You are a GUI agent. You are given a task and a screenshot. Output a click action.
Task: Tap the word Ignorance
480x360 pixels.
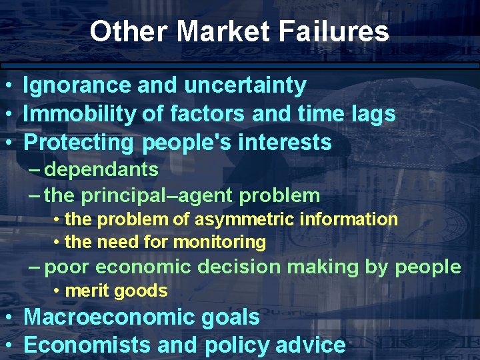coord(77,85)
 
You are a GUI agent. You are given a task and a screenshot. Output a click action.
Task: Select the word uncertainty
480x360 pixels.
coord(245,85)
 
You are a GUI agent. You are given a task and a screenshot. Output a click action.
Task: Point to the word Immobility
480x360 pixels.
coord(81,114)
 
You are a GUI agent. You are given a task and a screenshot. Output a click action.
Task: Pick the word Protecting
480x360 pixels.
coord(79,143)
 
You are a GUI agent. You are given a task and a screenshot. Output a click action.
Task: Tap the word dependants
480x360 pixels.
coord(102,169)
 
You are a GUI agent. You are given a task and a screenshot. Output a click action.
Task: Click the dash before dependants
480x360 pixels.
coord(37,169)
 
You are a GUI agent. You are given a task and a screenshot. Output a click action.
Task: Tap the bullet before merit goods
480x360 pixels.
coord(59,291)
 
